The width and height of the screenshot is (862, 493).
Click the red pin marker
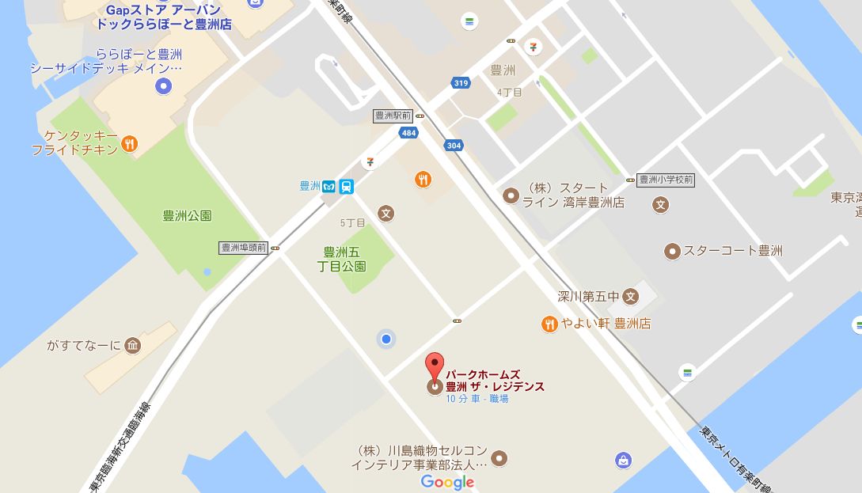435,366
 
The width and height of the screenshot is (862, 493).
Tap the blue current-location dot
386,339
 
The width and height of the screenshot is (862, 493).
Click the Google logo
447,482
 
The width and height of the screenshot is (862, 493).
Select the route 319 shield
460,82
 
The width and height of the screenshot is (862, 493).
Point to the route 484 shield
408,133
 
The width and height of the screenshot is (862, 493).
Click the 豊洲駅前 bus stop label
393,116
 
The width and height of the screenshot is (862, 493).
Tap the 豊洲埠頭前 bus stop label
245,248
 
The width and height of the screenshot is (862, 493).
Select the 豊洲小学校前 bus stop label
665,180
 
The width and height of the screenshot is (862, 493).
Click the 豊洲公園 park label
187,216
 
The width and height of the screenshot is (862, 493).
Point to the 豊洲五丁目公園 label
345,259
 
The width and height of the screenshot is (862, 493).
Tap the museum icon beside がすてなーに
133,345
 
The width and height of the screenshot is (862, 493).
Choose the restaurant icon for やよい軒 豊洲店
549,323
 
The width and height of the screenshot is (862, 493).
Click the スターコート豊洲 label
732,251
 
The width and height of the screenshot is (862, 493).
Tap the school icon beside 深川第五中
630,298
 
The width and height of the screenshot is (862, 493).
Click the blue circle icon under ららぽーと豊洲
163,86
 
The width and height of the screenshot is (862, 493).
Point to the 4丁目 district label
510,93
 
